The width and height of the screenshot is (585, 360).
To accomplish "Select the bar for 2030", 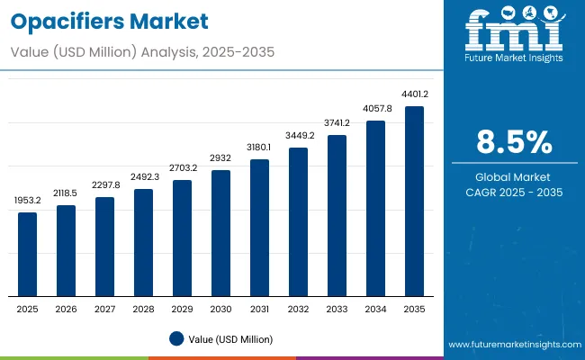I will [x=221, y=233].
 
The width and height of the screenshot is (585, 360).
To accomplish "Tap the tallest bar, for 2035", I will [x=414, y=202].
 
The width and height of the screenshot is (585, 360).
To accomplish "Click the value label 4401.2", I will [x=414, y=94].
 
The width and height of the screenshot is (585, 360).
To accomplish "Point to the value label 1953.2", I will [x=28, y=200].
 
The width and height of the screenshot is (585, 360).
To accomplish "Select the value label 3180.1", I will [x=260, y=147].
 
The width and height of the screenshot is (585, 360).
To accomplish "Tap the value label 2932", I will [x=221, y=157].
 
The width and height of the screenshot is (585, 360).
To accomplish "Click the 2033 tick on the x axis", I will [x=337, y=309].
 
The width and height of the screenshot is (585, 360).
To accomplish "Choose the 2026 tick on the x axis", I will [x=67, y=309].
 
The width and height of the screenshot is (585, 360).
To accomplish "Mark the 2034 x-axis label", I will [x=375, y=309].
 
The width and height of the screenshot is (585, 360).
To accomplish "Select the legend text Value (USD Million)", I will [x=231, y=338].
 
